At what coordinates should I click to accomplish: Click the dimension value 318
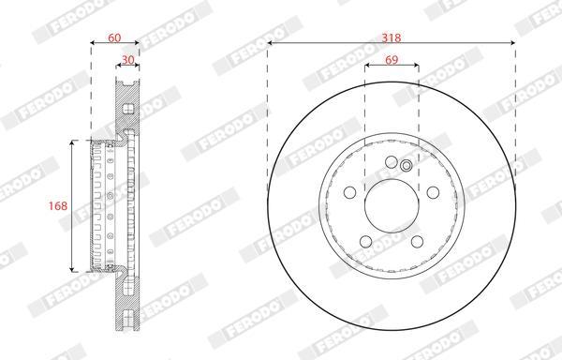[x=391, y=37]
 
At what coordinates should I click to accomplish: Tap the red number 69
[x=392, y=59]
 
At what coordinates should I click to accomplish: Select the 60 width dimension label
[x=114, y=37]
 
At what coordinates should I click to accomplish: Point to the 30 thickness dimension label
[x=128, y=59]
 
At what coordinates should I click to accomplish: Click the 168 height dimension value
[x=58, y=205]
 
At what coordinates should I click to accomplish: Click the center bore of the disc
[x=392, y=205]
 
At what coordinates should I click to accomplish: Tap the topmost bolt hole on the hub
[x=392, y=162]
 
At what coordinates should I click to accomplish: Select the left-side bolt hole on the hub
[x=349, y=192]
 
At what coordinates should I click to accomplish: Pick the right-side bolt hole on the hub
[x=433, y=192]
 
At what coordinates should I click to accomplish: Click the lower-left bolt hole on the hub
[x=366, y=241]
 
